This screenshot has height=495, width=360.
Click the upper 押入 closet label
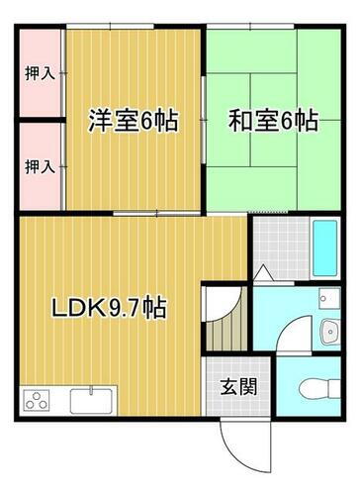point(39,73)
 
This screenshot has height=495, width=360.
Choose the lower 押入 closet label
point(39,165)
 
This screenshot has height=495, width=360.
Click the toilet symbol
point(319,385)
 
